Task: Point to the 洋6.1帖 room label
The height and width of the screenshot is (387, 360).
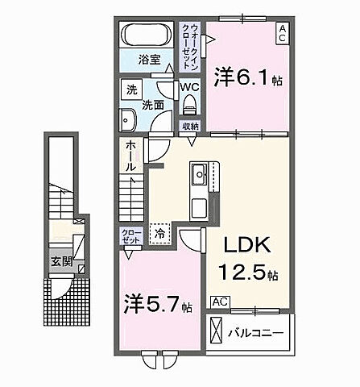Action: [247, 78]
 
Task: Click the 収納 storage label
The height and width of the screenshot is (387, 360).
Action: [190, 126]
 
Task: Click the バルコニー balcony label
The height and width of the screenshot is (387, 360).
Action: [259, 332]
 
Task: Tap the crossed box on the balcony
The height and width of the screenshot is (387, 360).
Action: [217, 331]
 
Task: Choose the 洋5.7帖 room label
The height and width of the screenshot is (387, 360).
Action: [158, 306]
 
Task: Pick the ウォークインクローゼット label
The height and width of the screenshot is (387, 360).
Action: [190, 39]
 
